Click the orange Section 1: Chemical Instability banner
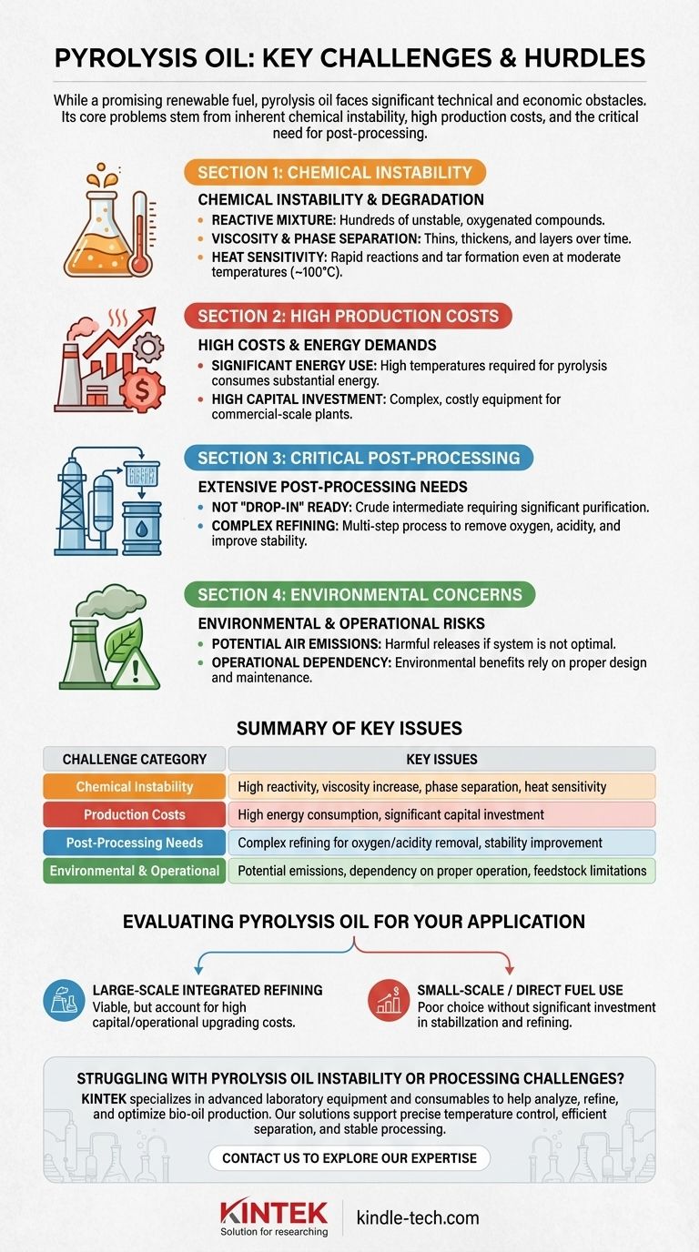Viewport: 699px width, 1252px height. click(x=334, y=173)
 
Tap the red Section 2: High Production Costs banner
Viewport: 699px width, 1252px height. click(x=348, y=317)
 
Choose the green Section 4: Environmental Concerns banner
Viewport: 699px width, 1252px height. click(x=360, y=595)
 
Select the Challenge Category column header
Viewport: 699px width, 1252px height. click(x=135, y=759)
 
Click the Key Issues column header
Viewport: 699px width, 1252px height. click(x=441, y=759)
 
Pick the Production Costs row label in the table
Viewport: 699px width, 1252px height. click(x=135, y=814)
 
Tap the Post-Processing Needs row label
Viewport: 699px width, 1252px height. click(x=135, y=843)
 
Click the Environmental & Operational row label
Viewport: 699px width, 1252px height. click(x=135, y=871)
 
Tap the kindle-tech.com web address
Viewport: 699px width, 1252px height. click(x=417, y=1217)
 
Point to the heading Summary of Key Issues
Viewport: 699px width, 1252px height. click(x=349, y=728)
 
